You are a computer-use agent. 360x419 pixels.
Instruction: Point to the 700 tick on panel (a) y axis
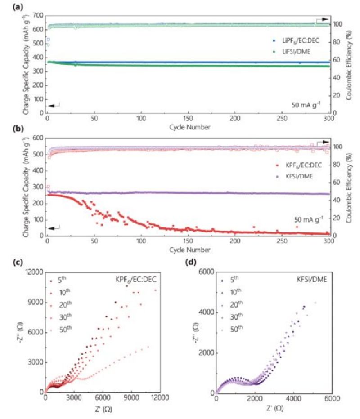pos(37,16)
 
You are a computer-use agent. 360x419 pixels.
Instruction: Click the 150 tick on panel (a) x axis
pos(188,118)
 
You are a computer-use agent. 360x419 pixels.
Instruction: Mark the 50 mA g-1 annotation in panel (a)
pos(306,106)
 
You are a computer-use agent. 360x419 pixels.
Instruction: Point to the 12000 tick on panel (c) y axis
pos(32,272)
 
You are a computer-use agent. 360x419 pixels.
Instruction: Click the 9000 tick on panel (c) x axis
pos(131,398)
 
